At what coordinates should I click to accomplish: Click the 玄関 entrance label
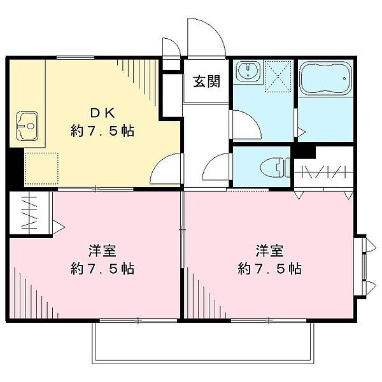[206, 81]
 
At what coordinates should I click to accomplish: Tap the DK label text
[103, 113]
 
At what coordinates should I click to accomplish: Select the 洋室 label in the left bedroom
[102, 251]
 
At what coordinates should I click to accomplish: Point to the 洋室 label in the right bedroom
[269, 251]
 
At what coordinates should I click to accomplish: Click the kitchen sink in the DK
[27, 126]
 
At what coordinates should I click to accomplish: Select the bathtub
[325, 78]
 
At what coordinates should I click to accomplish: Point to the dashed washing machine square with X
[278, 76]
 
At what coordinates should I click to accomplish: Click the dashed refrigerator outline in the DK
[41, 168]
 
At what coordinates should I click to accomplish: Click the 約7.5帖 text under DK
[103, 131]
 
